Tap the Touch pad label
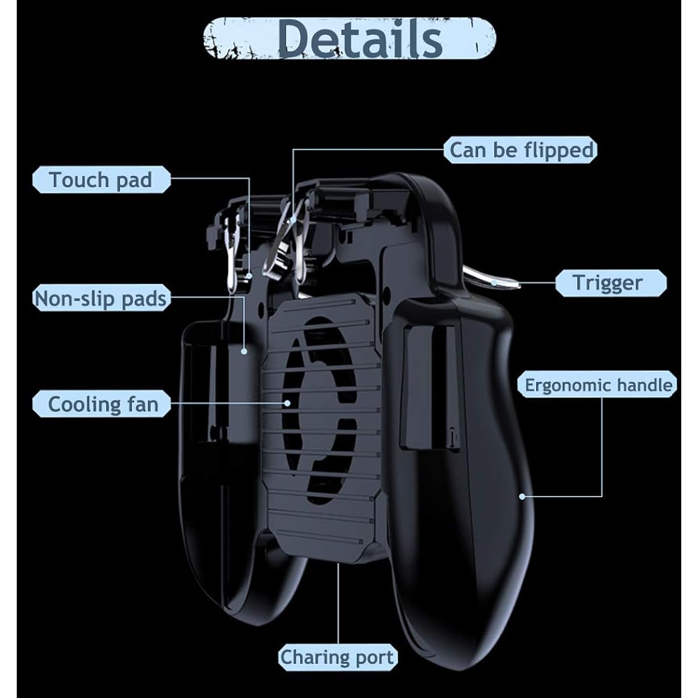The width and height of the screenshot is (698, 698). (101, 180)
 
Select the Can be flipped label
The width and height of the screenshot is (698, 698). (521, 150)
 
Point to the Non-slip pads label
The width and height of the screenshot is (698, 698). (101, 299)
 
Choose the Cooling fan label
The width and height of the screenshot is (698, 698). (102, 404)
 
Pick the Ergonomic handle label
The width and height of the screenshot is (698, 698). (598, 385)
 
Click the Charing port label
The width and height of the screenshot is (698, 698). (337, 657)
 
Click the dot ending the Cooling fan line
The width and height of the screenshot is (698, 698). (286, 403)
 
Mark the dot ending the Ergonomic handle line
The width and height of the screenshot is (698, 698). (523, 497)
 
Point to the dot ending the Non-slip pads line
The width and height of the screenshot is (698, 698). (244, 352)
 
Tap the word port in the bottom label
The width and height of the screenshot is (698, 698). (374, 657)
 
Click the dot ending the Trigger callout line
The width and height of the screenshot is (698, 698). (494, 282)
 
